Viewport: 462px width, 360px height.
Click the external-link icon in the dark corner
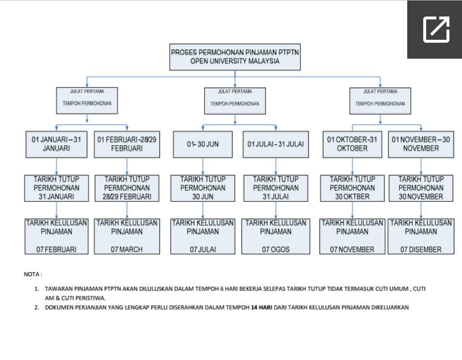point(436,30)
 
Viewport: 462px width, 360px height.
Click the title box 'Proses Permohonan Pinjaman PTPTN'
point(235,57)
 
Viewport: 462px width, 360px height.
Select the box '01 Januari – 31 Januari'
point(56,144)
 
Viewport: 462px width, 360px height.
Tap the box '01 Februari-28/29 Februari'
point(127,144)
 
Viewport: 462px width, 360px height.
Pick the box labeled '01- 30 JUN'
point(203,144)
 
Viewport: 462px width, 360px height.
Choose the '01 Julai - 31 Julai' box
point(276,144)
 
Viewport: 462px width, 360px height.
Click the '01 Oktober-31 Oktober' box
point(352,144)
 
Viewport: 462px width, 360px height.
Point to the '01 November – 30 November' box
point(421,144)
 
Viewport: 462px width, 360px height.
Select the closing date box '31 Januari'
point(56,188)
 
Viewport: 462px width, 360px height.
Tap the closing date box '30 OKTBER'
point(352,188)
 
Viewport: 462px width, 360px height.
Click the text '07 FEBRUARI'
point(56,249)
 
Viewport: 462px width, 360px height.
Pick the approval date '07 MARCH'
point(127,249)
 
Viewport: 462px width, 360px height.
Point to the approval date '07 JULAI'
point(203,249)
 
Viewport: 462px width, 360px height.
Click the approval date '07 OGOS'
point(276,249)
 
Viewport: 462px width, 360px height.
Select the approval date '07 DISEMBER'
point(421,249)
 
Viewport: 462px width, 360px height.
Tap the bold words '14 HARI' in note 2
point(261,307)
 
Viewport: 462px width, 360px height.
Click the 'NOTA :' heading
point(33,274)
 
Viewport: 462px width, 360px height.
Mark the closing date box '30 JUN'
point(203,188)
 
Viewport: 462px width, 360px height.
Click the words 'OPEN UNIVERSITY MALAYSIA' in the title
point(235,61)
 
